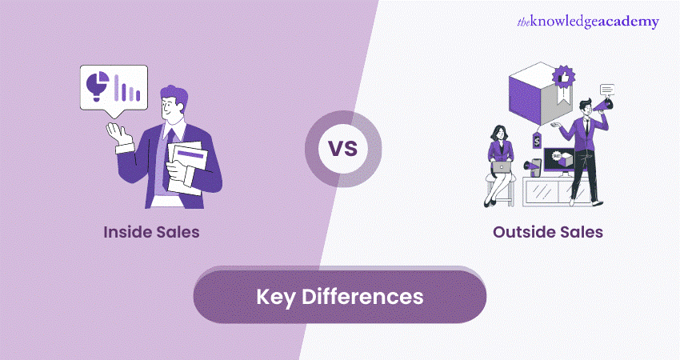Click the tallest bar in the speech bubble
pos(117,86)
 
